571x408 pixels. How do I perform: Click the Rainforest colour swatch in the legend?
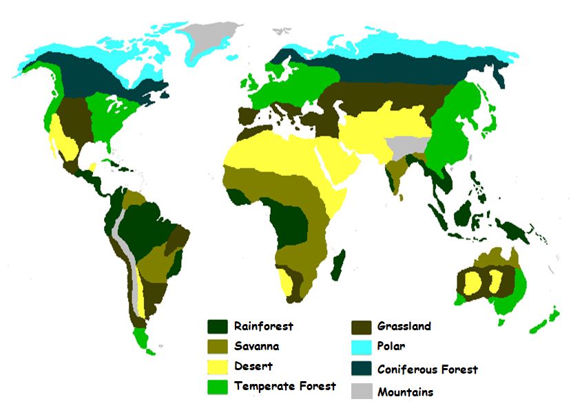(x=218, y=326)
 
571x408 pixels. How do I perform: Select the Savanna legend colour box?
(x=218, y=346)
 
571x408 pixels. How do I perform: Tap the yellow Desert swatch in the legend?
(x=218, y=366)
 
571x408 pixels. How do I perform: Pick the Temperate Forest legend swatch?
(x=218, y=386)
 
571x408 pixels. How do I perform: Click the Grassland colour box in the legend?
(x=362, y=326)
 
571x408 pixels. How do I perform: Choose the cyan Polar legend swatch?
(x=362, y=347)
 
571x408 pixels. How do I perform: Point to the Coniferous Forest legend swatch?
(x=362, y=369)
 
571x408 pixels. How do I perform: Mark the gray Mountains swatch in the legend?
(x=362, y=391)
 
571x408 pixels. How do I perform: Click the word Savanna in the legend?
(x=257, y=346)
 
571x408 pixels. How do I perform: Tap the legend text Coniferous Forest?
(x=427, y=369)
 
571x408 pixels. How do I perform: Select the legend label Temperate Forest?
(x=285, y=386)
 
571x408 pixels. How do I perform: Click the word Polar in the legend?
(x=391, y=347)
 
